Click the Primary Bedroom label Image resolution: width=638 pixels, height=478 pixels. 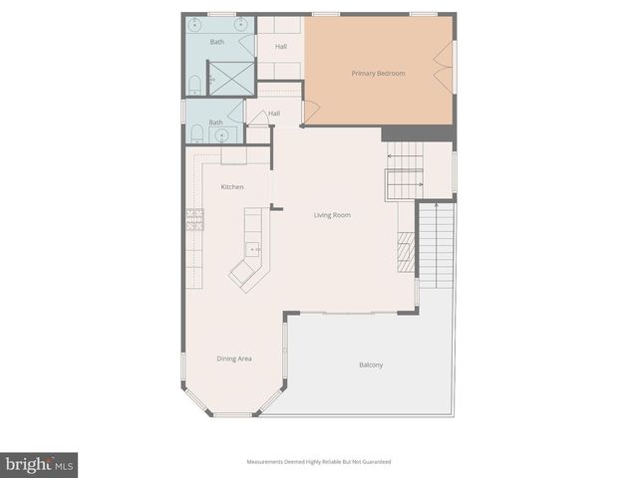[x=378, y=74]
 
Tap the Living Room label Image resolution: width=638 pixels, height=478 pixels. [x=332, y=215]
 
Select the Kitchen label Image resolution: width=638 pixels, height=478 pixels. [x=232, y=187]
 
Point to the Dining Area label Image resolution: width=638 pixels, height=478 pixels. [x=233, y=358]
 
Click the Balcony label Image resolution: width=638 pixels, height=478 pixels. [x=371, y=364]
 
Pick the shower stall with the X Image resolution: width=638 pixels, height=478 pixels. [x=230, y=78]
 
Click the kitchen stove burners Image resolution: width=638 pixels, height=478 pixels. [x=194, y=220]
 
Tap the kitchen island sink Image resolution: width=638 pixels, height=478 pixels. [x=253, y=249]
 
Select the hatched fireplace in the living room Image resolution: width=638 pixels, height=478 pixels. [x=406, y=251]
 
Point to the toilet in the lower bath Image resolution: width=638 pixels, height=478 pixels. [x=197, y=132]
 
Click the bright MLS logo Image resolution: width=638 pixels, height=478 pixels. [x=39, y=465]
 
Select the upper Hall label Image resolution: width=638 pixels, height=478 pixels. [x=281, y=47]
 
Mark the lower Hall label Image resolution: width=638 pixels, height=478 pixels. [x=273, y=114]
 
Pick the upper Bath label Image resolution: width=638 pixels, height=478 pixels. [x=216, y=42]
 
